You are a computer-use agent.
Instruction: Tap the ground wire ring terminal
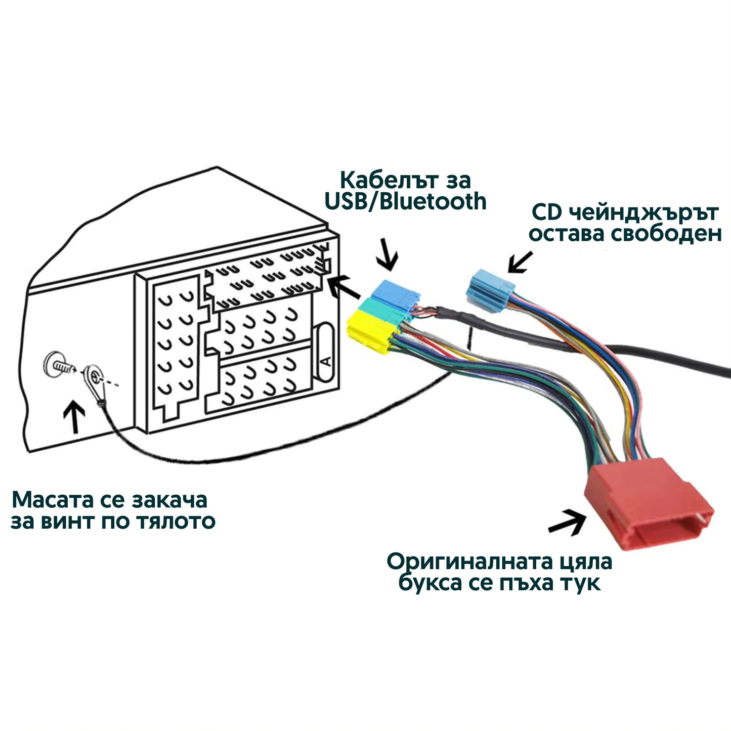pos(93,377)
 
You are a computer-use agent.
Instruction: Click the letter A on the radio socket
pos(326,361)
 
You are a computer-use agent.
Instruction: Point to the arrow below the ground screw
pos(75,417)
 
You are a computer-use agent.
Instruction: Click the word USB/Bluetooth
pos(405,202)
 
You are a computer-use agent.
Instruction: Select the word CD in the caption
pos(546,213)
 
